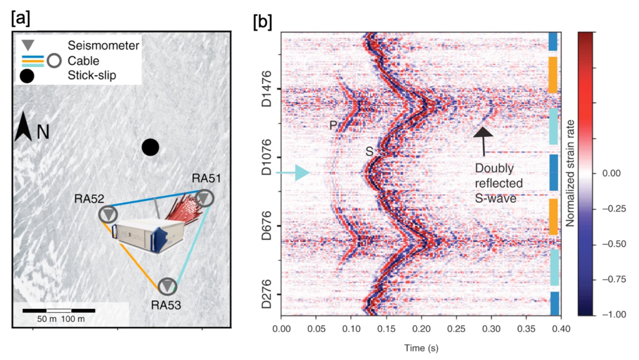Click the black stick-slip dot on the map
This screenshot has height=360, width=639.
150,147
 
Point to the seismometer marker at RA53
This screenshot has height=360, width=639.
167,286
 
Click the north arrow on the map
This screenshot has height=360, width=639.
24,127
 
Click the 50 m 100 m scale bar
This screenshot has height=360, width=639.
59,310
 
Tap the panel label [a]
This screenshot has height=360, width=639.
19,18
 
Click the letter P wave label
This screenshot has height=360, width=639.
333,125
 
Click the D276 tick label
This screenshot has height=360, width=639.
266,294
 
